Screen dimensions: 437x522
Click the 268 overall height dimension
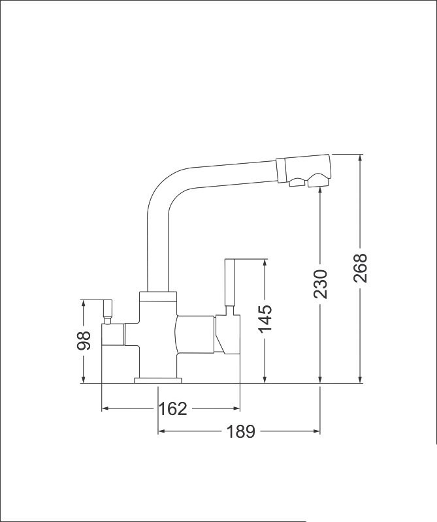pos(360,268)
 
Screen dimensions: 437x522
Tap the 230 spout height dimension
pos(320,284)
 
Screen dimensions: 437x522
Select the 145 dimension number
pos(265,319)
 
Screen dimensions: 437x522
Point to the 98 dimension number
pos(84,341)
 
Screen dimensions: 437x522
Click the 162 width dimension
pos(172,408)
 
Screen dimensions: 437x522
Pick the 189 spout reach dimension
pos(240,431)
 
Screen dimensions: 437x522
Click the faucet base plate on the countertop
pos(158,380)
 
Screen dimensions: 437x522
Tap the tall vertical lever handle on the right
pos(230,283)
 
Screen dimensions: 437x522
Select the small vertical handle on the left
pos(107,309)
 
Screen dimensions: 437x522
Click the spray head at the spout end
pos(303,170)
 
